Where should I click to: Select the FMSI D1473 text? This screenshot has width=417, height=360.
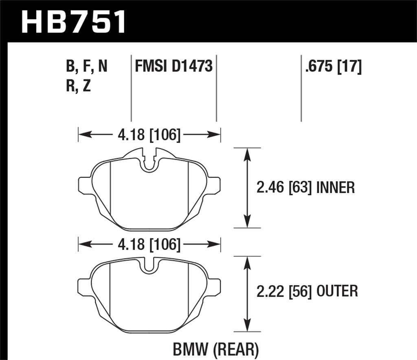click(174, 66)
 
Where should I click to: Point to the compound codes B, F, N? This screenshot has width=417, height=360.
click(86, 66)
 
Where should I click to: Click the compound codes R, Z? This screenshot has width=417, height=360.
click(78, 87)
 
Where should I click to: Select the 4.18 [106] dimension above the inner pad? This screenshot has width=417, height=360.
click(149, 134)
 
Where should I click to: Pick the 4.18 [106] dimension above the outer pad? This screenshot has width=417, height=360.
click(149, 245)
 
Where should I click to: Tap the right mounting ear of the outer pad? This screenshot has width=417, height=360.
click(214, 287)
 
